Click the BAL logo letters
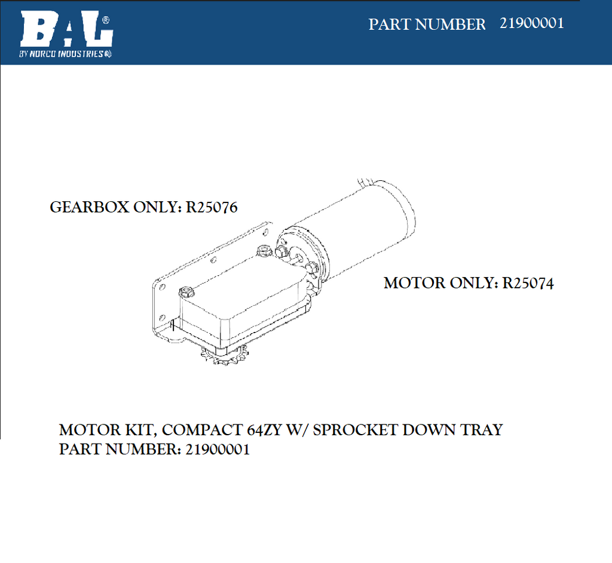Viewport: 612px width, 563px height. point(66,29)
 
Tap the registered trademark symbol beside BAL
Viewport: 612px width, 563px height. point(106,20)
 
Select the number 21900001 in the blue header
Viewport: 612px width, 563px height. point(531,23)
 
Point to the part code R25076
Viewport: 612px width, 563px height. point(212,207)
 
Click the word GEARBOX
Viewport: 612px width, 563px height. point(90,207)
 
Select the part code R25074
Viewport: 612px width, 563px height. point(528,284)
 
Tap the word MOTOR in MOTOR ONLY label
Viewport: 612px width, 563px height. point(415,284)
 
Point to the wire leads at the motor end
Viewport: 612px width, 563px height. point(366,182)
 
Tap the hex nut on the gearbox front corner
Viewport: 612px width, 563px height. point(186,291)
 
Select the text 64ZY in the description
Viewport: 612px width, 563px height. point(264,430)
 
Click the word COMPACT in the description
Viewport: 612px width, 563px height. point(202,430)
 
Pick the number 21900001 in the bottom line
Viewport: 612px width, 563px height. point(218,450)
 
